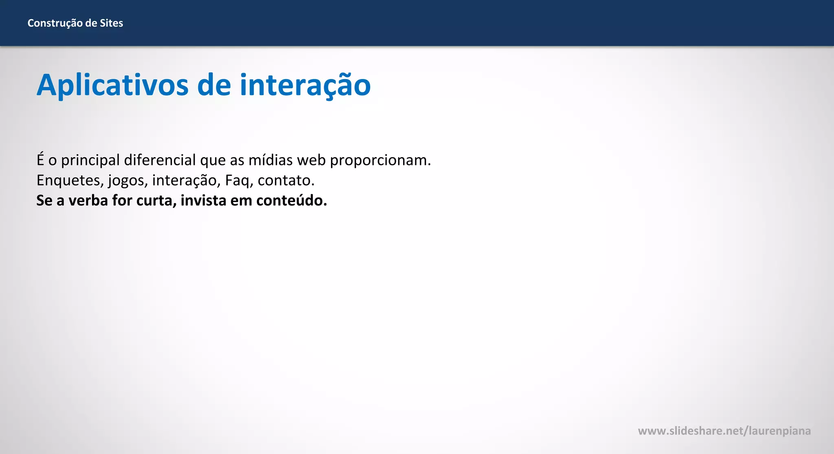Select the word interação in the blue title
point(305,85)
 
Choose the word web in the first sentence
point(312,160)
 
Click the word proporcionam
point(380,160)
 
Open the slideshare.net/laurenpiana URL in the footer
point(724,431)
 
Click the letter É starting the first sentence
point(40,160)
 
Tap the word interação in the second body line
point(186,180)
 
